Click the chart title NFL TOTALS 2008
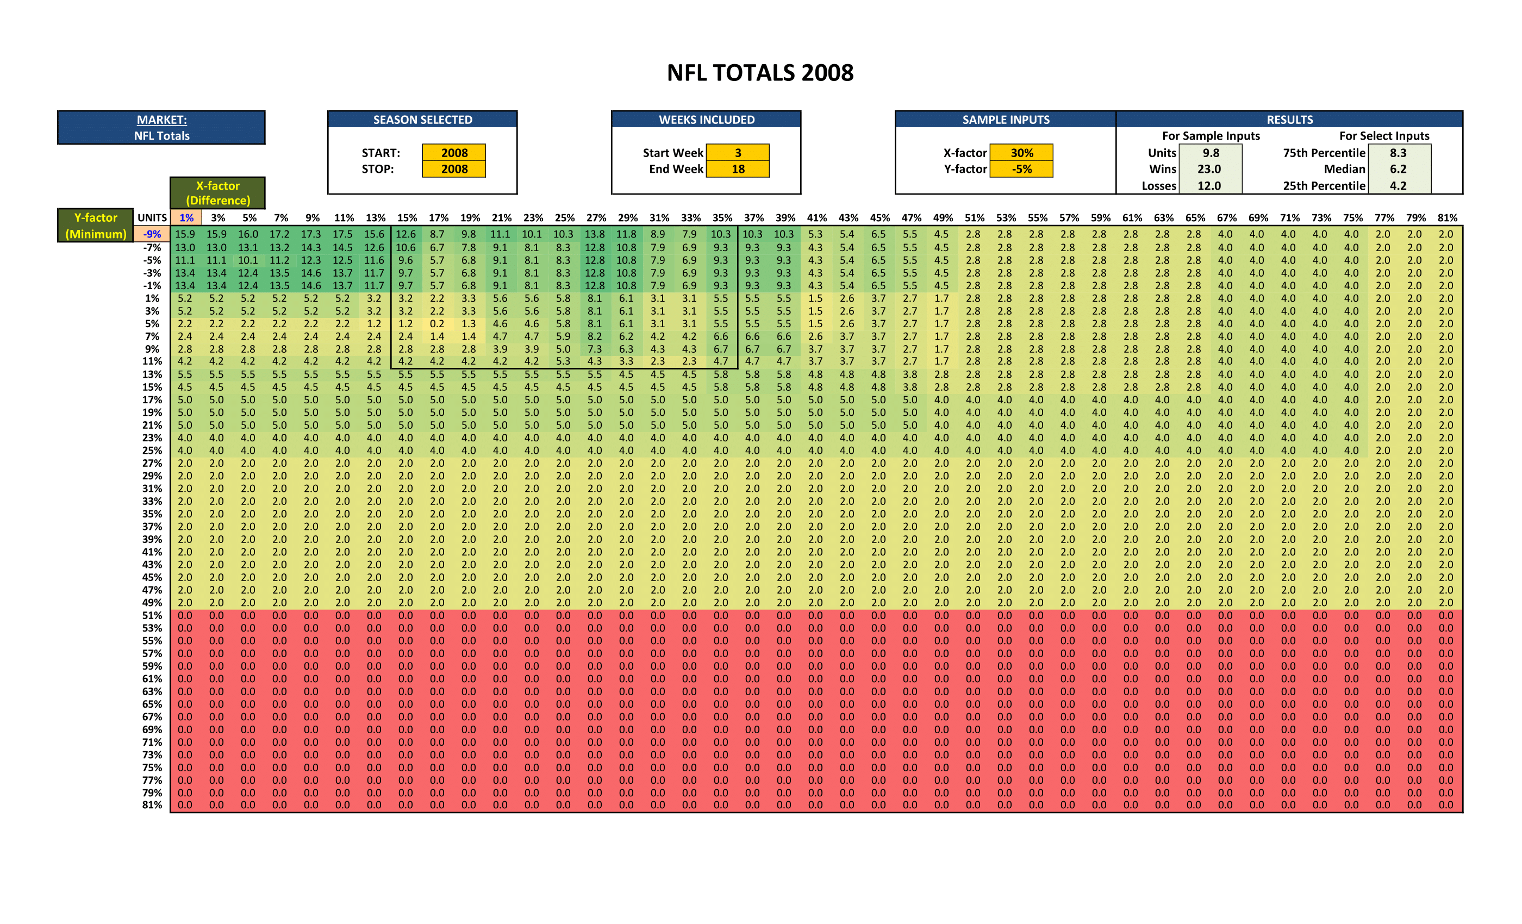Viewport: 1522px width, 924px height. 760,73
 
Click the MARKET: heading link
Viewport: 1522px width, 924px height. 162,120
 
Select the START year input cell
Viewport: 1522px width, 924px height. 454,153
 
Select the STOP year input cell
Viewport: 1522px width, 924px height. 454,168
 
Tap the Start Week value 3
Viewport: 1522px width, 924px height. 738,153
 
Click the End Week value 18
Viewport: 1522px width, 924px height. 738,168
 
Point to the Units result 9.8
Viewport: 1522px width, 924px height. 1210,153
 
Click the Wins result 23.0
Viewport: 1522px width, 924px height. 1209,168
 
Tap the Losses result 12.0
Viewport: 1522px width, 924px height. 1209,185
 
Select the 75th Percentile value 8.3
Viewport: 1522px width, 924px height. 1398,153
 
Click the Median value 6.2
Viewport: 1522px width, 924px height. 1398,168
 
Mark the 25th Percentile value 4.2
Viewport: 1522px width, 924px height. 1398,185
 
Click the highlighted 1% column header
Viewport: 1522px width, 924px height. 186,217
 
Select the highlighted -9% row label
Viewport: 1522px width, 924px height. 152,234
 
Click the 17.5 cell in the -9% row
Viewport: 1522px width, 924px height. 342,234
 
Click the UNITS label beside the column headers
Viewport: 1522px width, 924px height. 152,217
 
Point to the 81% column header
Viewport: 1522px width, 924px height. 1446,217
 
